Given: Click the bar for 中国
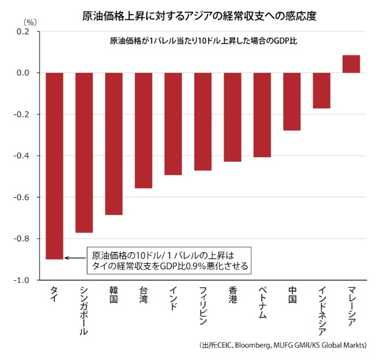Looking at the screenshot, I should (292, 102).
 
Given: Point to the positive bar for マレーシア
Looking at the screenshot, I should (351, 64).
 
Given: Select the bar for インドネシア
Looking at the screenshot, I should (322, 91).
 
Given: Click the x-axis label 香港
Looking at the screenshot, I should (232, 294).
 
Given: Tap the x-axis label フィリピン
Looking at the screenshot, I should (202, 305).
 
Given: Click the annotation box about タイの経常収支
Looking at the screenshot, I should (170, 260).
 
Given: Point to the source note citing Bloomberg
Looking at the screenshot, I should (283, 345).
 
